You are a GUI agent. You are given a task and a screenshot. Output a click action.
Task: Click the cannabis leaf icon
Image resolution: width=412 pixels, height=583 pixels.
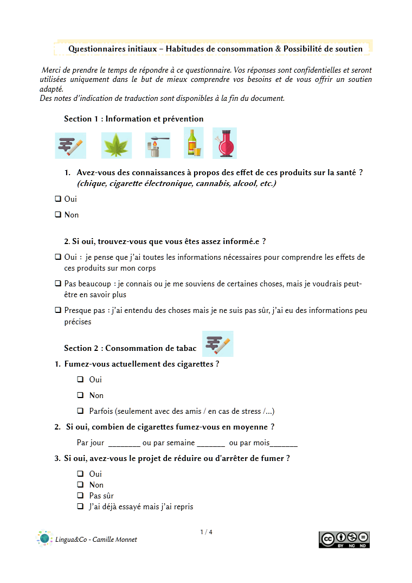117,145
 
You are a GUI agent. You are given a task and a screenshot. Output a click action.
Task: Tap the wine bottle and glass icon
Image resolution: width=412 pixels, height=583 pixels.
194,143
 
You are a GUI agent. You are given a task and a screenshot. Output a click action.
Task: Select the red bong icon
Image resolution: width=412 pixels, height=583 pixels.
224,143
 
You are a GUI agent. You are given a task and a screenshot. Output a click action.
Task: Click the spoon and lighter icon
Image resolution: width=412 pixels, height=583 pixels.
157,145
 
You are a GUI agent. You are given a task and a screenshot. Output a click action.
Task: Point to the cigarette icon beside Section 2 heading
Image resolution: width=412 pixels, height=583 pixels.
218,344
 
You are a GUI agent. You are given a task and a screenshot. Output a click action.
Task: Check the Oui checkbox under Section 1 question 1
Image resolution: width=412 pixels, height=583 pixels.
57,199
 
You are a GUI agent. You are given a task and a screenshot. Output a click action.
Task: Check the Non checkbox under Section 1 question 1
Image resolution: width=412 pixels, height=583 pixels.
57,215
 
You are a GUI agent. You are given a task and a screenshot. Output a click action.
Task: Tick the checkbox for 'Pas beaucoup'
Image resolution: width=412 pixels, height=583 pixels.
57,284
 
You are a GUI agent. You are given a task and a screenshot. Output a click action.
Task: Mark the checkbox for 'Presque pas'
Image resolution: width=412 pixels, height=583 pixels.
57,311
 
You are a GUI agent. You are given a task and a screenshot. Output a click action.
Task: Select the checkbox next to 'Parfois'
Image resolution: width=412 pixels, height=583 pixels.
80,411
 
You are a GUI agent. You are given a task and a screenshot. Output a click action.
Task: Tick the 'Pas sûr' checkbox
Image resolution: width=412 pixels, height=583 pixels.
80,496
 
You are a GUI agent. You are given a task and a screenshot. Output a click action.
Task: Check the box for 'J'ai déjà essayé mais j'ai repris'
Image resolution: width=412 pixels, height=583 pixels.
80,507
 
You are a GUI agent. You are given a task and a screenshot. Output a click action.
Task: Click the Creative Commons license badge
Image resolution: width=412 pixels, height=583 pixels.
344,540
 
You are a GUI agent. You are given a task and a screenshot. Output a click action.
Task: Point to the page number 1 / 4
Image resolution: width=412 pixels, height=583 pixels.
206,532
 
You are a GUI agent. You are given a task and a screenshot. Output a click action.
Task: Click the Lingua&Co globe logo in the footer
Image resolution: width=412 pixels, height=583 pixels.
44,539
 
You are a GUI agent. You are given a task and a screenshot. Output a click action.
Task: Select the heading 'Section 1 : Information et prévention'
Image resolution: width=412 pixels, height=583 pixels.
133,119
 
